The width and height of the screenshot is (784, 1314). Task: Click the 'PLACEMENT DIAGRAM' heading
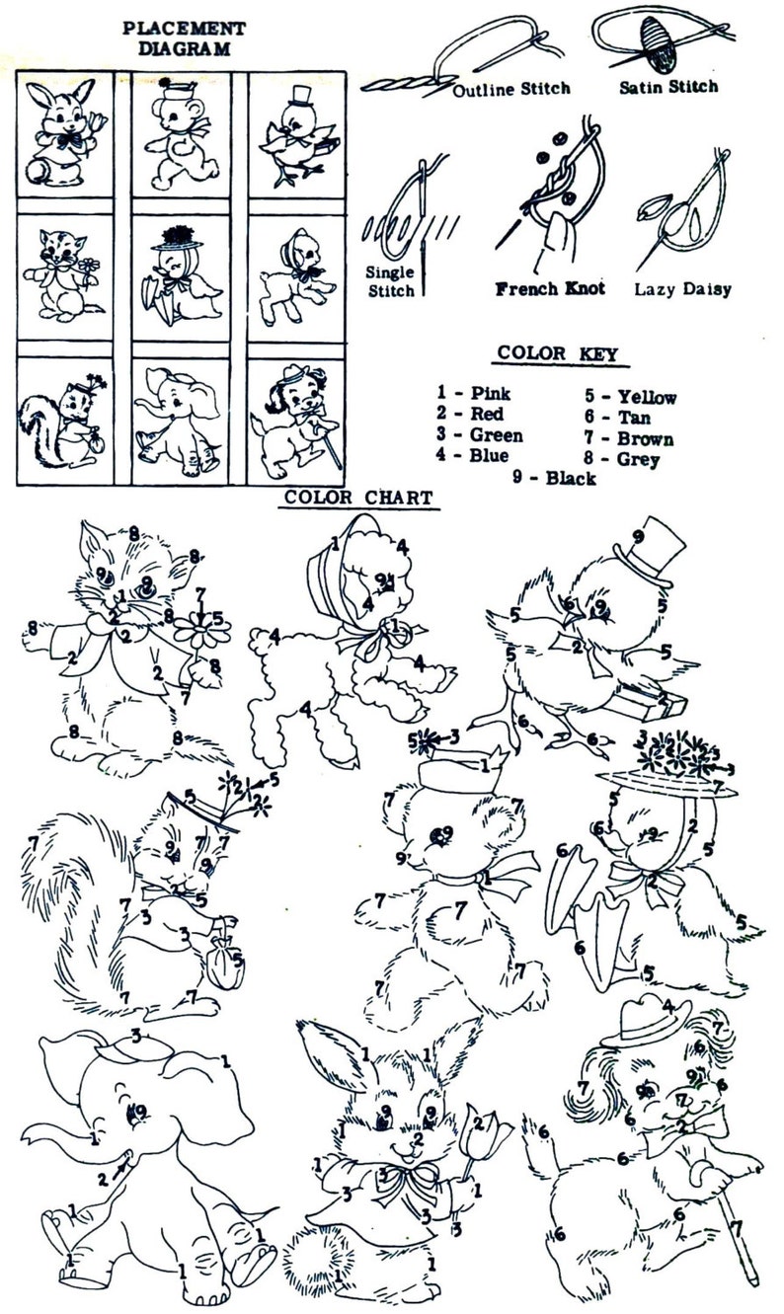[185, 39]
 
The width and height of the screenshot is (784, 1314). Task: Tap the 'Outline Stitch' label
[511, 89]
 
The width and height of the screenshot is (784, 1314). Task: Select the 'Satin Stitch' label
[669, 87]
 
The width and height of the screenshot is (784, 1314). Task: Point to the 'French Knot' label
[550, 288]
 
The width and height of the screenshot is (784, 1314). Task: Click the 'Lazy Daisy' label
[683, 289]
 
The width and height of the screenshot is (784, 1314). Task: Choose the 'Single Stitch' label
[390, 281]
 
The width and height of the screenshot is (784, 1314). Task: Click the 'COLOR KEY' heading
[558, 353]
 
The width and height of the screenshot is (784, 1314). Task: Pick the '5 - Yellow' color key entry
[630, 397]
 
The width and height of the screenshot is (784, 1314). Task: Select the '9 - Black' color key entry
[554, 478]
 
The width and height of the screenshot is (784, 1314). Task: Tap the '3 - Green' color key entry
[479, 434]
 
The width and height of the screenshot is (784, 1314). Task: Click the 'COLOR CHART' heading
[358, 498]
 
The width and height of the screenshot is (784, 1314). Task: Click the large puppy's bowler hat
[646, 1022]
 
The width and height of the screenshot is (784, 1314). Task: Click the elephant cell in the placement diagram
[181, 421]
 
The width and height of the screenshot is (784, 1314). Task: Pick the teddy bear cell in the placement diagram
[181, 135]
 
